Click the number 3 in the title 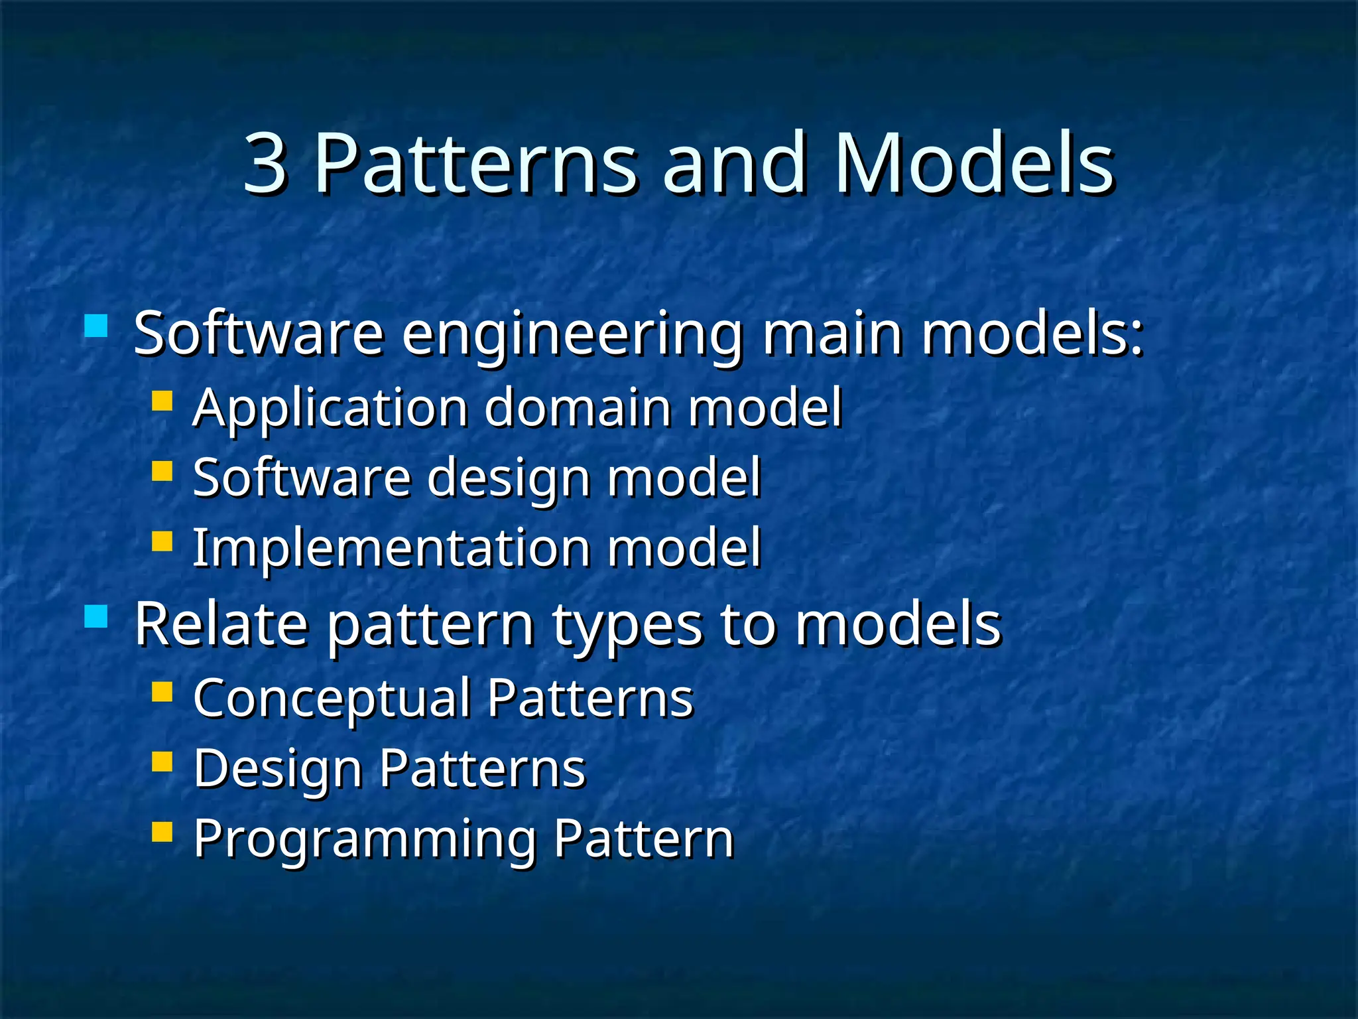(x=265, y=164)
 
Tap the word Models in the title (x=974, y=164)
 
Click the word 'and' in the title (x=735, y=164)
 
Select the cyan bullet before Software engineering (x=96, y=326)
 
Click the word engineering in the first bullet (x=572, y=335)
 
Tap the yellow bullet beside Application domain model (x=162, y=401)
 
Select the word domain (x=578, y=407)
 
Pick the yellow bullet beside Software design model (x=162, y=470)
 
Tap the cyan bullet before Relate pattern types (x=96, y=616)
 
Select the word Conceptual (x=332, y=699)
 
